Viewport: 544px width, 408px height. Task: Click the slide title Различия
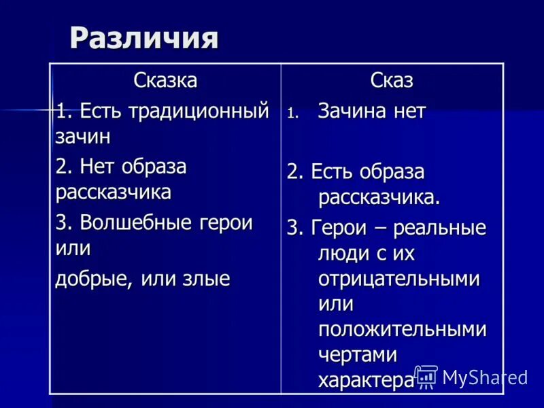pyautogui.click(x=144, y=38)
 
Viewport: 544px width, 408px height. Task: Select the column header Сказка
pyautogui.click(x=165, y=81)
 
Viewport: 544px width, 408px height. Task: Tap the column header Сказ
pyautogui.click(x=392, y=81)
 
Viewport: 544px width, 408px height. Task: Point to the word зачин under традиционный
pyautogui.click(x=82, y=136)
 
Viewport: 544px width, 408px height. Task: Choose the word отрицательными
pyautogui.click(x=398, y=279)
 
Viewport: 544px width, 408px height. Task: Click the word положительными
pyautogui.click(x=402, y=330)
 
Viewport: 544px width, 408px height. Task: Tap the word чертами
pyautogui.click(x=358, y=355)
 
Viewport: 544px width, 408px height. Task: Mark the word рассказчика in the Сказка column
pyautogui.click(x=113, y=192)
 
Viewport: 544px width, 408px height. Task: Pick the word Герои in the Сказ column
pyautogui.click(x=336, y=228)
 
